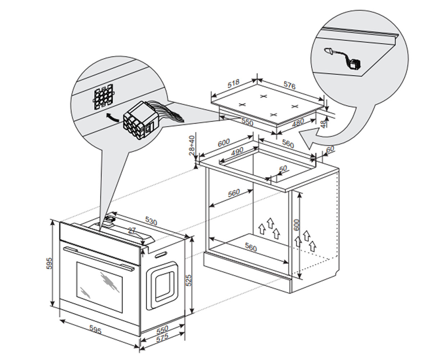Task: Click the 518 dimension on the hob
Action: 233,84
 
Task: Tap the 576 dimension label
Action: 289,85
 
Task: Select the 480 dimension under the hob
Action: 298,123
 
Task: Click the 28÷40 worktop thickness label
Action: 192,145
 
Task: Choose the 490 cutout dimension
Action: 237,151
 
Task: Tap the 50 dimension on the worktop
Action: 283,168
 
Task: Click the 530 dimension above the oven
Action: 152,221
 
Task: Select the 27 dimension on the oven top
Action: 132,231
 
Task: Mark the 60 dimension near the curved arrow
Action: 330,149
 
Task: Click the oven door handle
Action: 99,259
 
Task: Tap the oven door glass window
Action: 99,288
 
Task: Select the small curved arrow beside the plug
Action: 112,117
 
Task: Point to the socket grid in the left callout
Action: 104,96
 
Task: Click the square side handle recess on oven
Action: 162,285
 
